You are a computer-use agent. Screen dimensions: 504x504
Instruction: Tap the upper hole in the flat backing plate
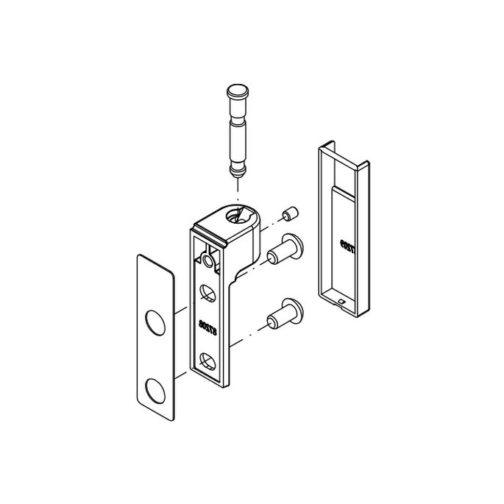(x=155, y=322)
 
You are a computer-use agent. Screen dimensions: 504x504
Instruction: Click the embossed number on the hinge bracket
(x=207, y=324)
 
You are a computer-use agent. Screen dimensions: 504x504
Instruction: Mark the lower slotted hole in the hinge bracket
(x=208, y=361)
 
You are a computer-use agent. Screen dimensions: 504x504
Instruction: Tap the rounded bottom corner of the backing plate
(x=167, y=416)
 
